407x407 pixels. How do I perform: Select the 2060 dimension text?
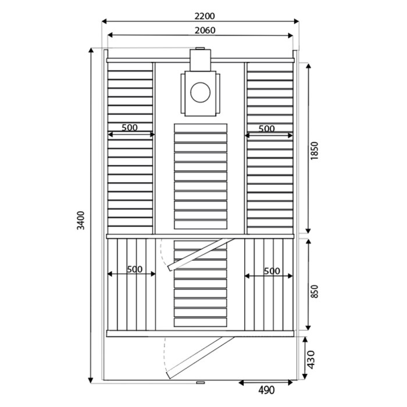tap(201, 30)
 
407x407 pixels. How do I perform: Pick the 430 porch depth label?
tap(312, 360)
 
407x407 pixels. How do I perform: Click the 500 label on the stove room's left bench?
tap(130, 127)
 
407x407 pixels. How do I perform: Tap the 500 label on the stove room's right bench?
tap(267, 128)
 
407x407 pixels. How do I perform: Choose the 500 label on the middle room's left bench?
tap(134, 270)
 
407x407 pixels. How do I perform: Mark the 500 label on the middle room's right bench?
tap(272, 271)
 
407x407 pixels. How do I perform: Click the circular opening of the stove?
tap(202, 92)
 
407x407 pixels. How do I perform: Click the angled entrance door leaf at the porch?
tap(198, 355)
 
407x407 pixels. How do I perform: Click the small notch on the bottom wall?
tap(200, 383)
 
